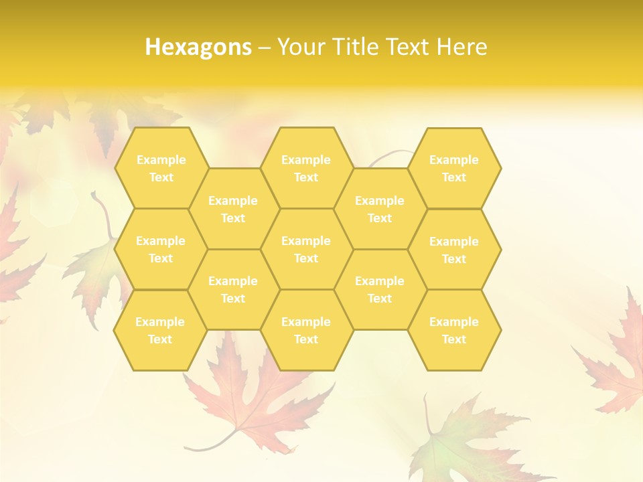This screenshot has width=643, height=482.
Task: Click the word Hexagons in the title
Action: [x=198, y=47]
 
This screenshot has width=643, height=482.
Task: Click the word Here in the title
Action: [x=462, y=47]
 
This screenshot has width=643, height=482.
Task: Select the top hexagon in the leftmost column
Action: [x=161, y=168]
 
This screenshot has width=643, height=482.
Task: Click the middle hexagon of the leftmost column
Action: [x=161, y=249]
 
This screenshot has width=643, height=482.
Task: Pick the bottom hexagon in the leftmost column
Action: [x=160, y=330]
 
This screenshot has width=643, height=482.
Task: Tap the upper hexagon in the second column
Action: [x=233, y=209]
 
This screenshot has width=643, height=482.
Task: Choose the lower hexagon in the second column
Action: [x=233, y=289]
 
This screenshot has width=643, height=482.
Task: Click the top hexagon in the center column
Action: [x=306, y=168]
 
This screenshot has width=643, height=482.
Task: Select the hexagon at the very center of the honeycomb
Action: [x=306, y=249]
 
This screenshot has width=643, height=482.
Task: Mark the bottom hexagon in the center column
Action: [x=306, y=330]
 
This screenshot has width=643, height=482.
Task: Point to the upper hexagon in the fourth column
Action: [x=380, y=209]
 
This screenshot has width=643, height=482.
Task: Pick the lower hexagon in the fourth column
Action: [x=380, y=289]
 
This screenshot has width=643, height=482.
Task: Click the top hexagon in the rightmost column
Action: [x=454, y=168]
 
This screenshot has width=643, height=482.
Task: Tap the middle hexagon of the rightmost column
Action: [x=454, y=250]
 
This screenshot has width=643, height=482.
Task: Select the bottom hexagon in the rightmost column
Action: [x=454, y=330]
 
